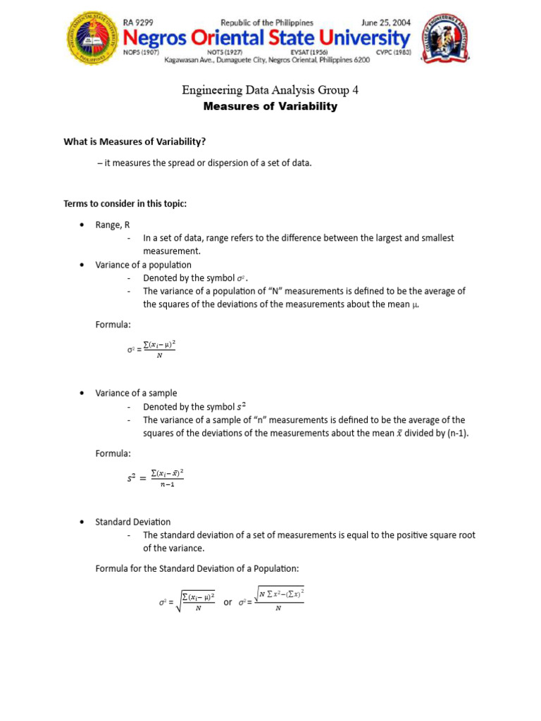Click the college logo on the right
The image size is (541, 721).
click(447, 42)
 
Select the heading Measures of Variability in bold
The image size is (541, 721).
click(270, 107)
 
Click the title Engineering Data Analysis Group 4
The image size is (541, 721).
click(270, 89)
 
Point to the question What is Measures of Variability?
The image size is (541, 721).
click(135, 142)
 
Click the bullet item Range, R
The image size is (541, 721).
click(113, 225)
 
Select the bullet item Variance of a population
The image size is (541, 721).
click(143, 265)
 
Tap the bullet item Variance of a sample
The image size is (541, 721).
click(136, 393)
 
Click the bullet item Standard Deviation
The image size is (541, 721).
click(132, 522)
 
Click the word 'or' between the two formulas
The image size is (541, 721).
click(228, 602)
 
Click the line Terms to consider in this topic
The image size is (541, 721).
click(125, 203)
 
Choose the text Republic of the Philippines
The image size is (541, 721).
click(268, 23)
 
